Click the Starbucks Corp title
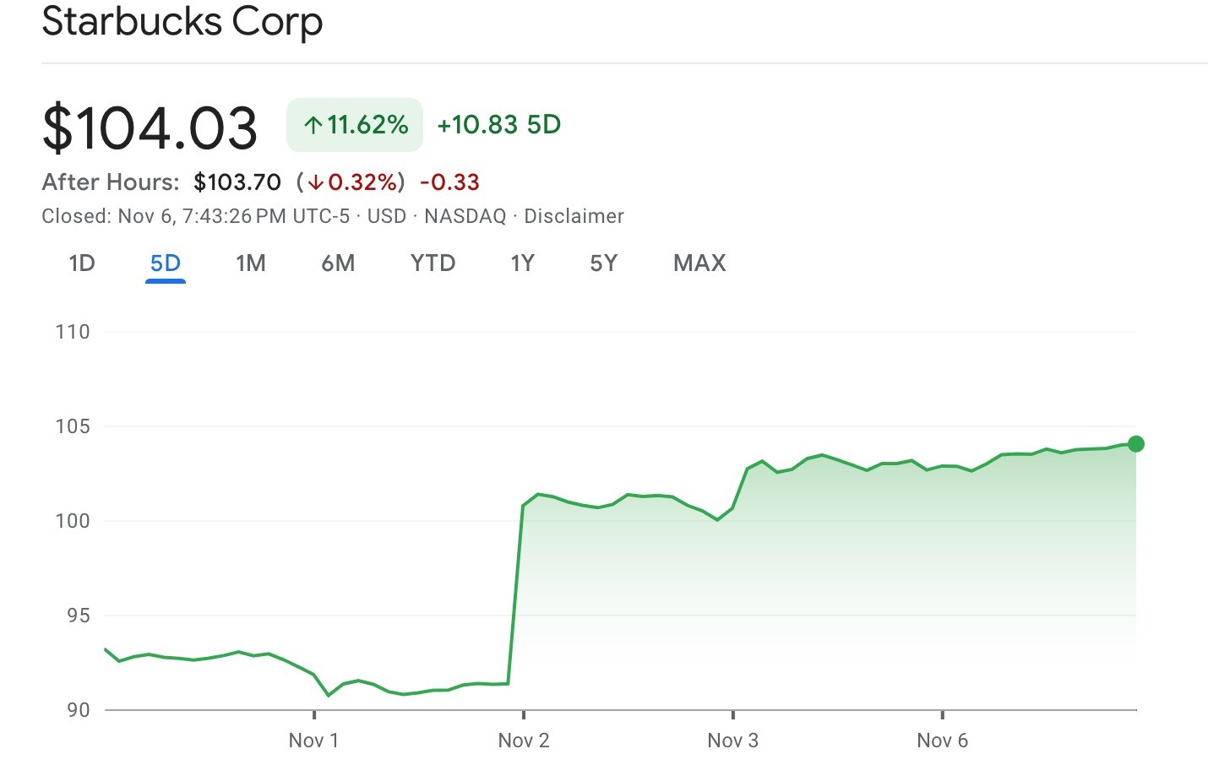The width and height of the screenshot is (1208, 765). (x=182, y=21)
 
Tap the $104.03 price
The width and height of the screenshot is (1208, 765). (x=150, y=128)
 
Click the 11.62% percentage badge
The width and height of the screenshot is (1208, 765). (x=355, y=125)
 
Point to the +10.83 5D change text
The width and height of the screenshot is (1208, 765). (x=498, y=125)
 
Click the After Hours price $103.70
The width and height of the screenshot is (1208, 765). (x=237, y=182)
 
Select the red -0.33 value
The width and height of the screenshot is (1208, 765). (x=449, y=182)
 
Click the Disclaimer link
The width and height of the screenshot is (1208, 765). (x=574, y=216)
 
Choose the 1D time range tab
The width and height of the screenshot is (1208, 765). (x=81, y=263)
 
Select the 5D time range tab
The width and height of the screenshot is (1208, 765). (x=166, y=263)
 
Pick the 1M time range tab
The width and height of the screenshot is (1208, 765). (x=251, y=263)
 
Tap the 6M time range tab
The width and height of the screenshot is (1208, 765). (x=338, y=263)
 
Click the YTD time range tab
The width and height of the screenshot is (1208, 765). (x=433, y=263)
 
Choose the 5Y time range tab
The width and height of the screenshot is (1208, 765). (x=603, y=263)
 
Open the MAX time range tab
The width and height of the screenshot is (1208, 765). (x=699, y=263)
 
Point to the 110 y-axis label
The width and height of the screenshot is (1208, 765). (x=73, y=332)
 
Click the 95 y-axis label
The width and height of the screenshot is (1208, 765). (x=78, y=616)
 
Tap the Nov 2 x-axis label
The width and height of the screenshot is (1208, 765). (x=524, y=741)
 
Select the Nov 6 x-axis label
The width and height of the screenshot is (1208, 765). (x=943, y=741)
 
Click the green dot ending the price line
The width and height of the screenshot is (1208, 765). (x=1136, y=444)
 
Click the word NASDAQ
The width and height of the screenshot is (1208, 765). (x=465, y=216)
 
